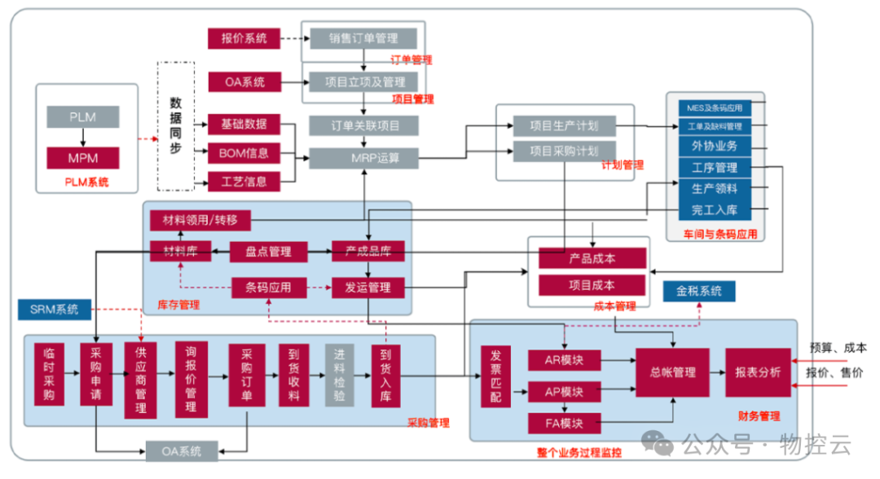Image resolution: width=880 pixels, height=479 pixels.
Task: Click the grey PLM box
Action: coord(82,116)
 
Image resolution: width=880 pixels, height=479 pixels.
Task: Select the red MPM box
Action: coord(82,157)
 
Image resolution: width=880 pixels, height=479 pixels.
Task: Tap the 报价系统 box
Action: coord(244,37)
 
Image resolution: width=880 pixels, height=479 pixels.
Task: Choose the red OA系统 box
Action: coord(244,81)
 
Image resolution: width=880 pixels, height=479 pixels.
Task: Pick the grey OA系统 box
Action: coord(180,450)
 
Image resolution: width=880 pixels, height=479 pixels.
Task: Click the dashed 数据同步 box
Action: coord(175,126)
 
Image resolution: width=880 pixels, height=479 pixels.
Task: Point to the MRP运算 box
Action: coord(363,157)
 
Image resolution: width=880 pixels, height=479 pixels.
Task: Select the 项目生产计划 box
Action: coord(564,125)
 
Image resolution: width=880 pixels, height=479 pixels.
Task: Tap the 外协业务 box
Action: coord(715,146)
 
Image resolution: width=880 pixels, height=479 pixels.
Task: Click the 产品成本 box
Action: coord(592,258)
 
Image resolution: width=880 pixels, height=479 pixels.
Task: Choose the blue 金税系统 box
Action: coord(699,291)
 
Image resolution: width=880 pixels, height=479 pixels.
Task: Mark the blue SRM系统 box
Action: coord(55,310)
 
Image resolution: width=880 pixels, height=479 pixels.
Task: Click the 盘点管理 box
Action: coord(268,252)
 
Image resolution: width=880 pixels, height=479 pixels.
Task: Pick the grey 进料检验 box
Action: coord(340,375)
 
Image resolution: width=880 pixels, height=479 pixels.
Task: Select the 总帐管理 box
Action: coord(673,372)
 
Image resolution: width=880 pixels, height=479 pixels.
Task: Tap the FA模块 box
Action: coord(564,423)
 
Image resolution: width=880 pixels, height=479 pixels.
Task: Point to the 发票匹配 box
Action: coord(496,376)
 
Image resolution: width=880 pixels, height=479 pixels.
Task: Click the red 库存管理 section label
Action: coord(178,305)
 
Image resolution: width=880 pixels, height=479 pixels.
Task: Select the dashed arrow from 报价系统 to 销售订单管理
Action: coord(290,37)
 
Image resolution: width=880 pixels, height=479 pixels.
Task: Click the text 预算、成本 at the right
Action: coord(837,348)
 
